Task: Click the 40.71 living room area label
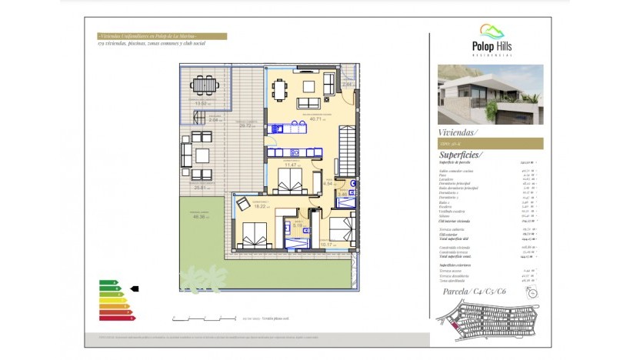coord(315,119)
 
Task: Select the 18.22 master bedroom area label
coord(259,206)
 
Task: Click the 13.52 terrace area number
coord(202,103)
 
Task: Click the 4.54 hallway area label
coord(328,184)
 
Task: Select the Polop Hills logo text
coord(492,47)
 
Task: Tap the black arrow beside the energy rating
coord(135,288)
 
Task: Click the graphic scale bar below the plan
coord(205,317)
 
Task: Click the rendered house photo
coord(490,94)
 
